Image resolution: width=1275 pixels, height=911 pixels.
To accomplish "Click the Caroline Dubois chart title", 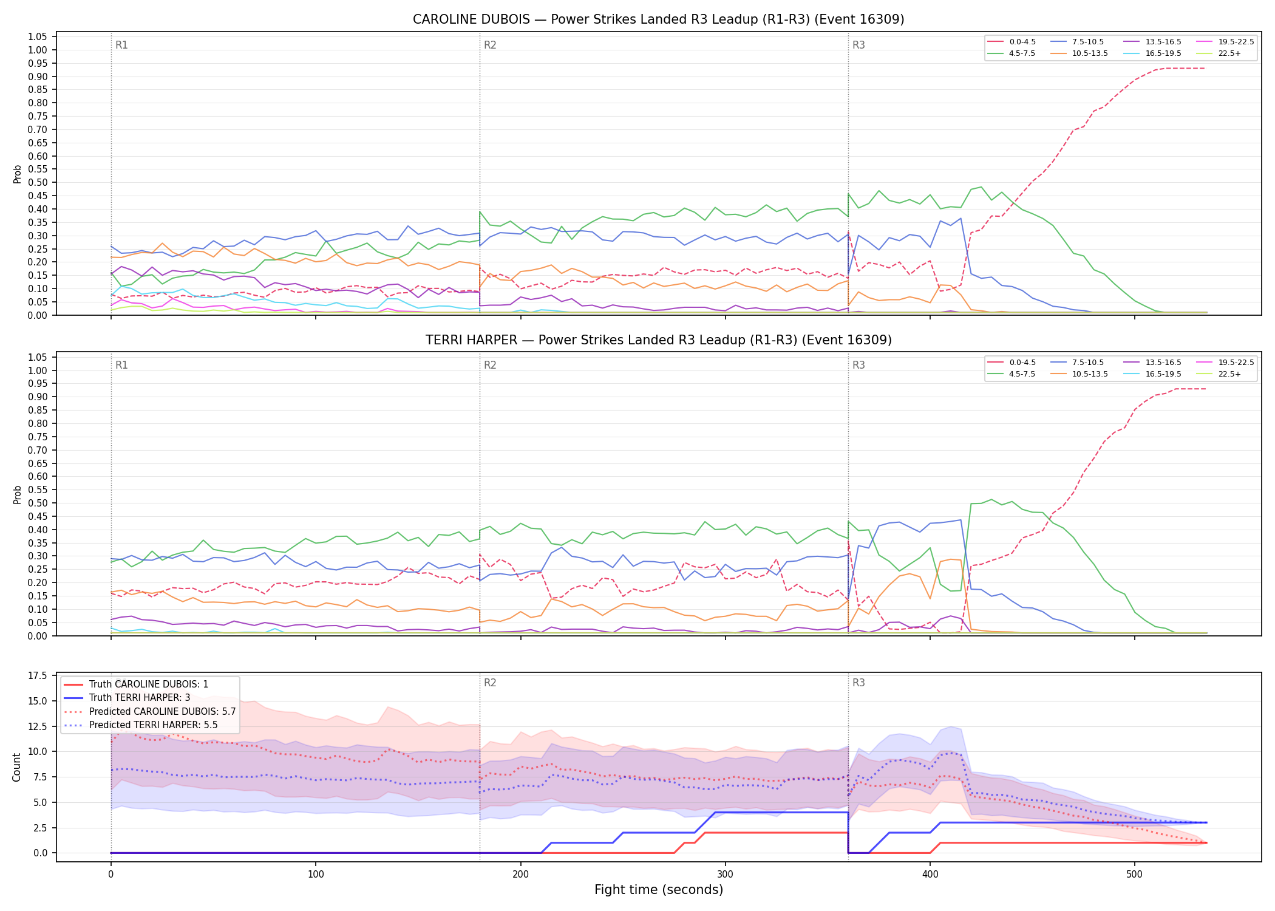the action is [658, 19].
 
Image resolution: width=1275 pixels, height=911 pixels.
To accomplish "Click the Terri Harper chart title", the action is [658, 340].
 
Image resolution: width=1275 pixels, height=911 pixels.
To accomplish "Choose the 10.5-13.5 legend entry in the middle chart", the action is [1079, 374].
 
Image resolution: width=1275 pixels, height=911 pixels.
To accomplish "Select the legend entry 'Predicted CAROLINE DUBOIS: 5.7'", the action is [149, 711].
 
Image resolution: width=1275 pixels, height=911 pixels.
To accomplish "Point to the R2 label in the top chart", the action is [490, 45].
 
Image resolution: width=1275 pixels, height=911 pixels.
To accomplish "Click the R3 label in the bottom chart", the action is [858, 683].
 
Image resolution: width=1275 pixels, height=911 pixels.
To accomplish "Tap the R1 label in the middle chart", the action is [121, 365].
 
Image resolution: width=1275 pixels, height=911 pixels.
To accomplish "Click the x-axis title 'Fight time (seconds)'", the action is [659, 890].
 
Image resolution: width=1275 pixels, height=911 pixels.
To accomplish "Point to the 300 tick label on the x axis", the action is [725, 875].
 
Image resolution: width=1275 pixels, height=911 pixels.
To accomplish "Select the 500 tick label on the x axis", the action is [1134, 875].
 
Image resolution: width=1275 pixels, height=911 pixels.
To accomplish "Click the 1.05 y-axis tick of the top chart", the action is [38, 37].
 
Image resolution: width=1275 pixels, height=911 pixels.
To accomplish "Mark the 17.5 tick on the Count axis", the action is [38, 676].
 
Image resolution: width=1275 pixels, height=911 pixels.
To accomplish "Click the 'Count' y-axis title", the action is [17, 767].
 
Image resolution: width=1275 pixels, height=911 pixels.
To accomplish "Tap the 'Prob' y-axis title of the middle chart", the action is [17, 494].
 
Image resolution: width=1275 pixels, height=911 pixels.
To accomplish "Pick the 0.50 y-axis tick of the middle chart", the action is [38, 503].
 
